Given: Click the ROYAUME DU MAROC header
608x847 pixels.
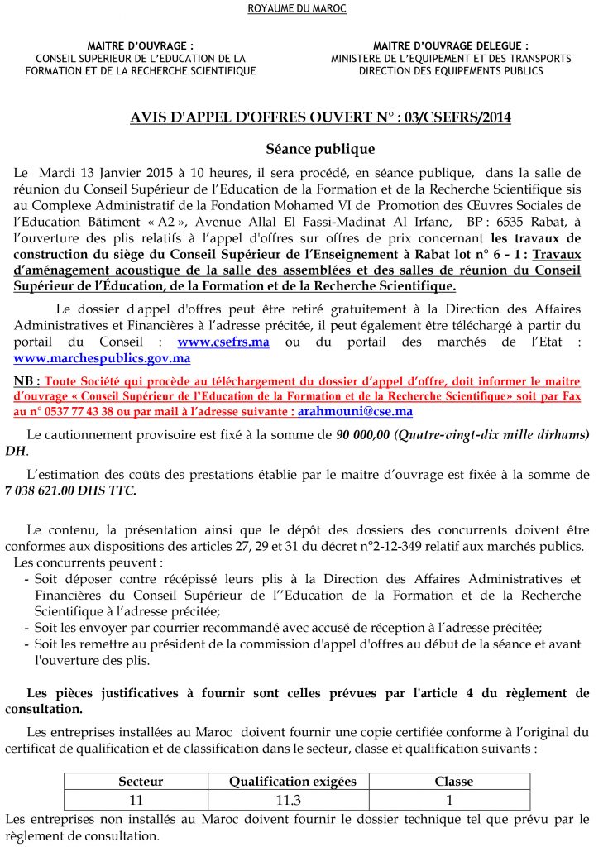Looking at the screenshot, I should click(x=297, y=8).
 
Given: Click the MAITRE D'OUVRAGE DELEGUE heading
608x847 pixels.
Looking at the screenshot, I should click(x=451, y=45).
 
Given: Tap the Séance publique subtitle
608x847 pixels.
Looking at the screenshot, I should click(x=309, y=150).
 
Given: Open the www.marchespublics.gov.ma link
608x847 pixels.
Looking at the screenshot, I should click(x=103, y=358).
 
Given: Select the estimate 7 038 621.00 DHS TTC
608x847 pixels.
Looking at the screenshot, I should click(x=71, y=490).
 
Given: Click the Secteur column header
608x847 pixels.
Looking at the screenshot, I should click(x=141, y=781).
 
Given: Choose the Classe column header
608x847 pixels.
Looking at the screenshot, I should click(x=453, y=781).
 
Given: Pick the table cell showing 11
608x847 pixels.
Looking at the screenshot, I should click(x=136, y=800).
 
